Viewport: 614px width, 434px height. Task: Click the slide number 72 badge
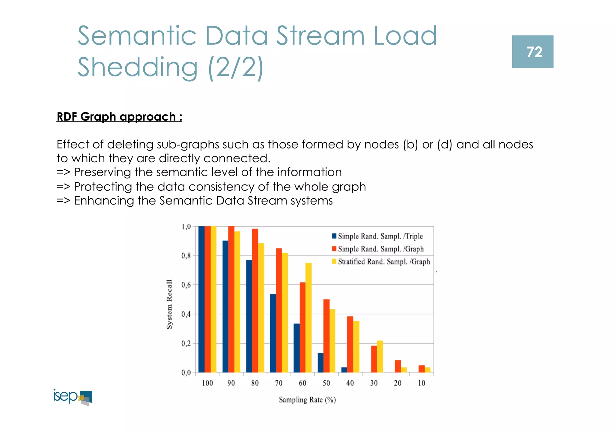(x=532, y=52)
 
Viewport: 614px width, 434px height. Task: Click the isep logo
(x=73, y=397)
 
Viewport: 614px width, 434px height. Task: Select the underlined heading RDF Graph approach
(x=119, y=117)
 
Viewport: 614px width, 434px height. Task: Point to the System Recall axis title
(x=169, y=304)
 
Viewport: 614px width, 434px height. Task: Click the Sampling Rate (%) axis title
(x=307, y=400)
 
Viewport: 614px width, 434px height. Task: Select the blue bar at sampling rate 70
(x=273, y=333)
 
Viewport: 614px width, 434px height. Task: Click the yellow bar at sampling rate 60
(x=308, y=317)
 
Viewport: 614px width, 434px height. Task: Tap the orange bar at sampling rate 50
(x=326, y=336)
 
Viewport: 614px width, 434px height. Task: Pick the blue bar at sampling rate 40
(x=344, y=370)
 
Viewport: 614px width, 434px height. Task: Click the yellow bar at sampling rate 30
(x=380, y=356)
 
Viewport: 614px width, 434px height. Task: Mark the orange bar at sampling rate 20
(x=398, y=366)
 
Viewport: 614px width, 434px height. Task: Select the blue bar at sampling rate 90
(x=225, y=306)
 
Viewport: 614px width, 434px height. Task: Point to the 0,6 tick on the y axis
(x=186, y=285)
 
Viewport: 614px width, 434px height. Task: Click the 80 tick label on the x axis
(x=255, y=383)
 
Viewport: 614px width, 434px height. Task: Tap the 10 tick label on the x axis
(x=422, y=383)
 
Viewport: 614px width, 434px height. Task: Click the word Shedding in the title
(x=138, y=67)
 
